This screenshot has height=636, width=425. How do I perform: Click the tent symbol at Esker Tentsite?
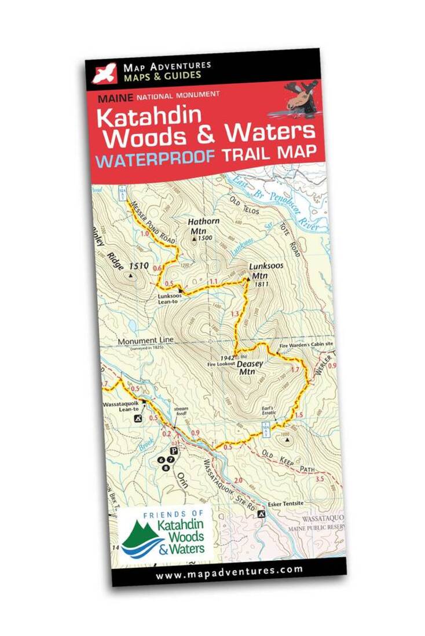[262, 513]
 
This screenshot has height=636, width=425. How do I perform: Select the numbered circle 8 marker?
[167, 467]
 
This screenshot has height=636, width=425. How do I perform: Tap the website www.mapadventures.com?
[229, 570]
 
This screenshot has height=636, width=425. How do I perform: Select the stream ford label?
[182, 411]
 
